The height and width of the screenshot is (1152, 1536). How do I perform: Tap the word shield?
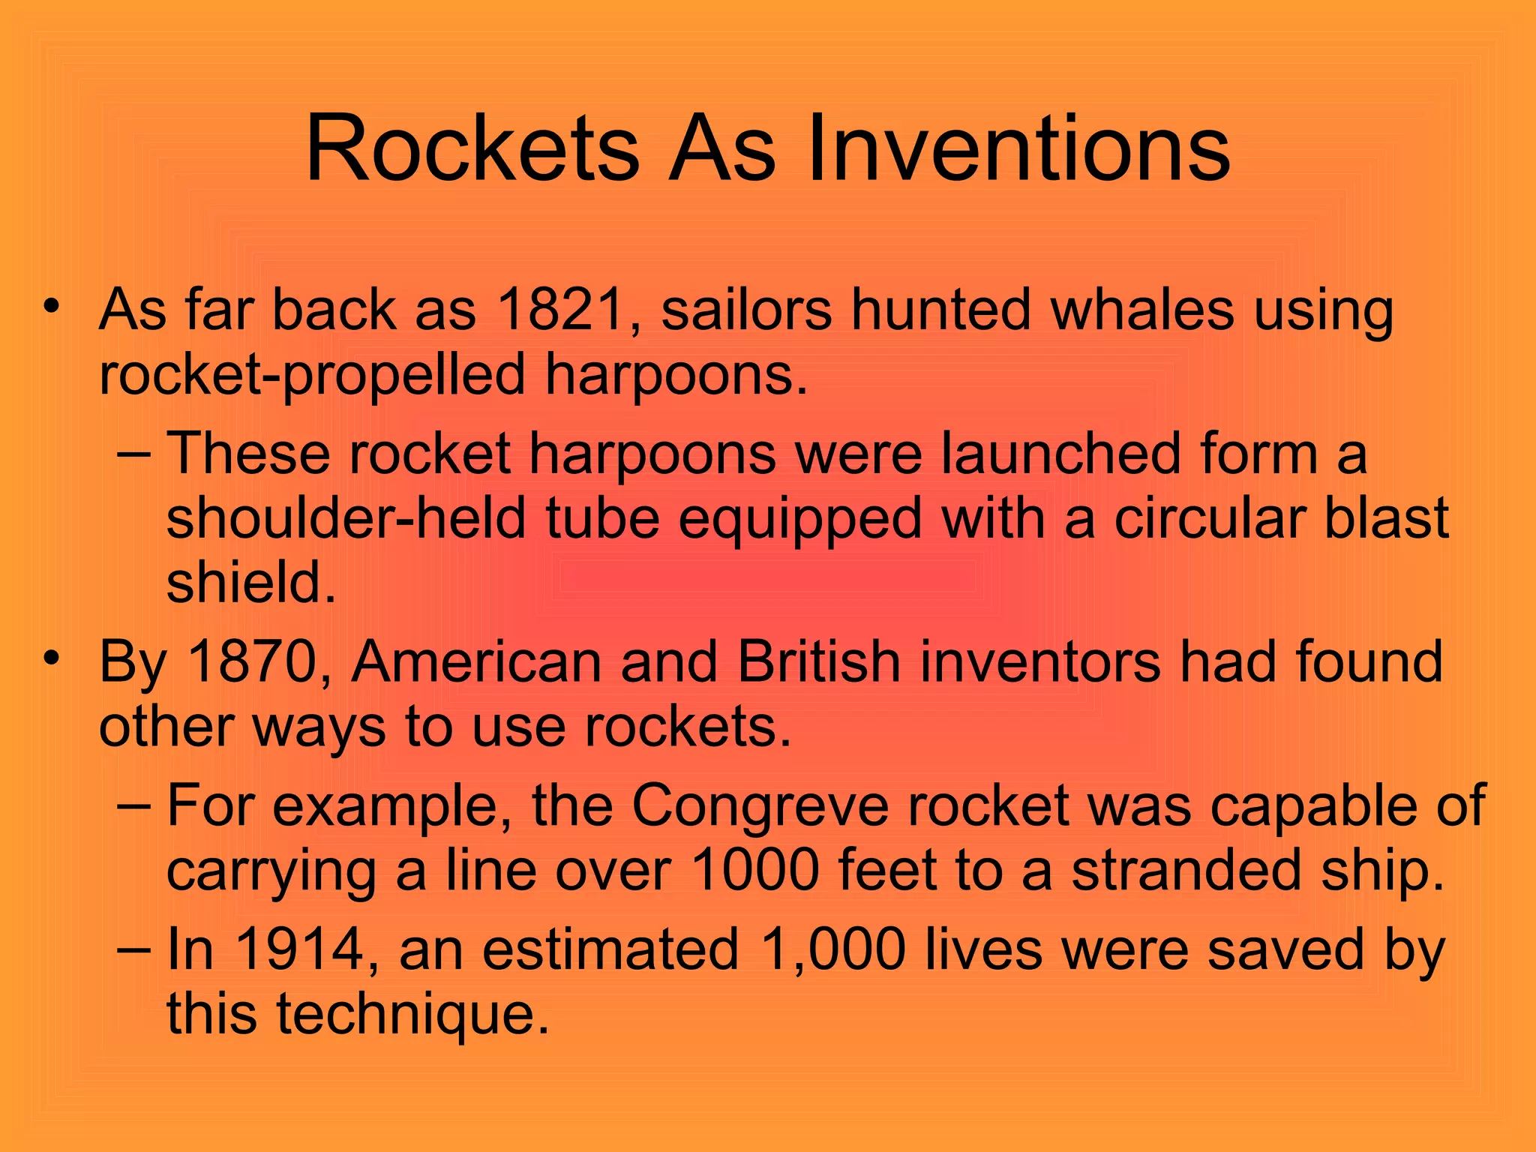(250, 583)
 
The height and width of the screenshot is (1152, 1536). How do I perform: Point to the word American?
(476, 661)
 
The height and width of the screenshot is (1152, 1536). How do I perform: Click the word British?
(818, 661)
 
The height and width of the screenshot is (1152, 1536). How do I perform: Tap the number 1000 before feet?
(754, 870)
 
